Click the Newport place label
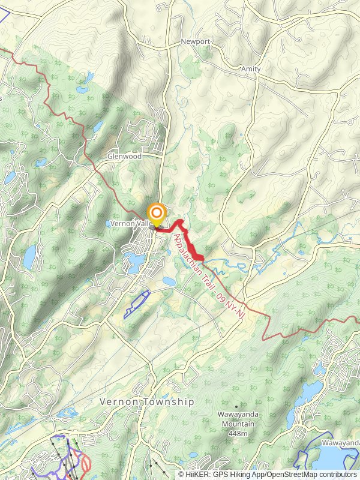coord(196,42)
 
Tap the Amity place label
coord(251,69)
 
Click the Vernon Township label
coord(147,402)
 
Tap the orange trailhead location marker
coord(157,214)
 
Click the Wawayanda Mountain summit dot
coord(236,406)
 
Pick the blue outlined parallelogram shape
coord(136,304)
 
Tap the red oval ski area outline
coord(85,463)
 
